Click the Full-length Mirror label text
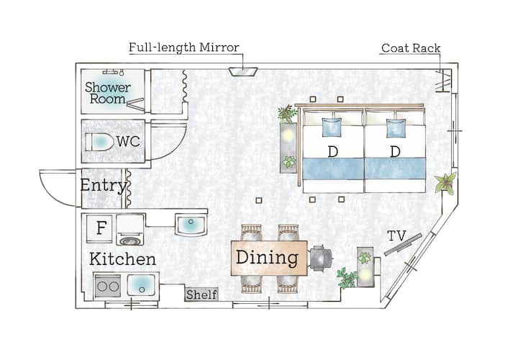[x=184, y=48]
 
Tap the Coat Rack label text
[x=411, y=48]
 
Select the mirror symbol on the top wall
[x=243, y=71]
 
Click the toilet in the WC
[x=98, y=142]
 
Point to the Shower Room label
[x=108, y=93]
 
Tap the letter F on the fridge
[x=101, y=228]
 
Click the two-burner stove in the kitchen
[x=108, y=286]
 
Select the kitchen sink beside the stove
[x=141, y=285]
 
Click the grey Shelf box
[x=201, y=294]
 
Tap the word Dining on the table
[x=267, y=258]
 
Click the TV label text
[x=396, y=236]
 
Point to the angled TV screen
[x=403, y=245]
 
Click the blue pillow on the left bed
[x=332, y=127]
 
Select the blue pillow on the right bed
[x=396, y=128]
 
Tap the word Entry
[x=104, y=186]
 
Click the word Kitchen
[x=122, y=259]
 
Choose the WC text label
[x=128, y=142]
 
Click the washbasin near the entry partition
[x=191, y=225]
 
